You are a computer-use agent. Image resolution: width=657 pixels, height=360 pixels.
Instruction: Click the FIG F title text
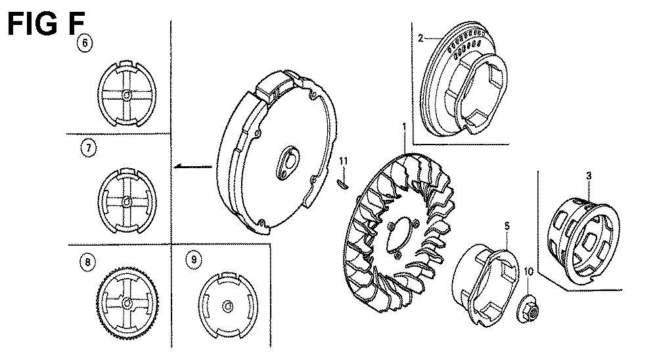point(47,24)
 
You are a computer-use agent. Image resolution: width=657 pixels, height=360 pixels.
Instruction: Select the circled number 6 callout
point(85,43)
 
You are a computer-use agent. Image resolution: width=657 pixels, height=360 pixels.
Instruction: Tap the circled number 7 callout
point(89,148)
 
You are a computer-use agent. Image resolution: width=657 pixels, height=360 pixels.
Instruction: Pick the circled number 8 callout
point(87,262)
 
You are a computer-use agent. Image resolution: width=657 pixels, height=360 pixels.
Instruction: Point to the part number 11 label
point(344,162)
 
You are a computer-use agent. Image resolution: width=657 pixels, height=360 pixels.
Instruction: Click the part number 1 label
point(404,127)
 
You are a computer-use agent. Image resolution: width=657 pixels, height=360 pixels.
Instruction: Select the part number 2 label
point(420,38)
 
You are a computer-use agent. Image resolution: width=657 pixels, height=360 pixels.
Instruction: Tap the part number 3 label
point(589,176)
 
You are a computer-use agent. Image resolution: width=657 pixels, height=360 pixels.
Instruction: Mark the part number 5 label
point(507,226)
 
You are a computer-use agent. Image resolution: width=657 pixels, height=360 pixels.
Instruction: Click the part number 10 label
point(528,271)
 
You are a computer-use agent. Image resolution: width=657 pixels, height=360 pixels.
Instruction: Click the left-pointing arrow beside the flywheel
point(194,166)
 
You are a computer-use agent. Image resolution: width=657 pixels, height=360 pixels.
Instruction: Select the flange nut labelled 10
point(528,309)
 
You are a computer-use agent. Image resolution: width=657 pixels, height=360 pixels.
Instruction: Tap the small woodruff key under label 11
point(342,183)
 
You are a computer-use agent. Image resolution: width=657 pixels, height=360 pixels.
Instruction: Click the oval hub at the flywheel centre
point(286,163)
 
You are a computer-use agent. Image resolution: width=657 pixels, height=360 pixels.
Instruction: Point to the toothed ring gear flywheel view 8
point(127,304)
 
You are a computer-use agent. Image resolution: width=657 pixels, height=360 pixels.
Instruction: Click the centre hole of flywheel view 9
point(227,306)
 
